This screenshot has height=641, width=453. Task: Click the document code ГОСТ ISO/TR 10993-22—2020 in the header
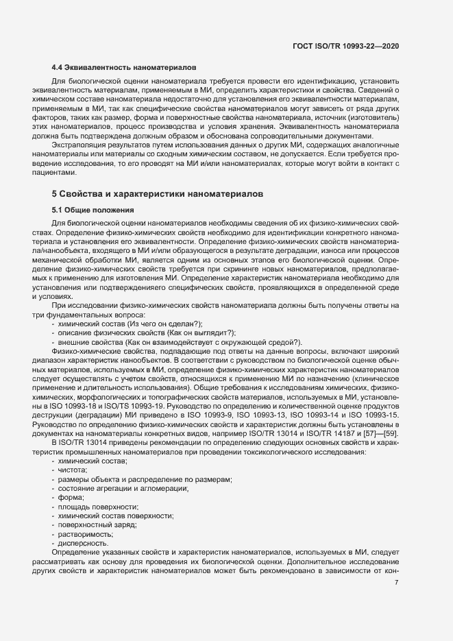pos(345,46)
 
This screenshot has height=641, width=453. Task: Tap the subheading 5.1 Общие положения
pos(93,209)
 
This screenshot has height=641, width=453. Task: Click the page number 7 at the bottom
pos(397,583)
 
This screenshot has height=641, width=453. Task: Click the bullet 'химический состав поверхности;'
pos(116,516)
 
